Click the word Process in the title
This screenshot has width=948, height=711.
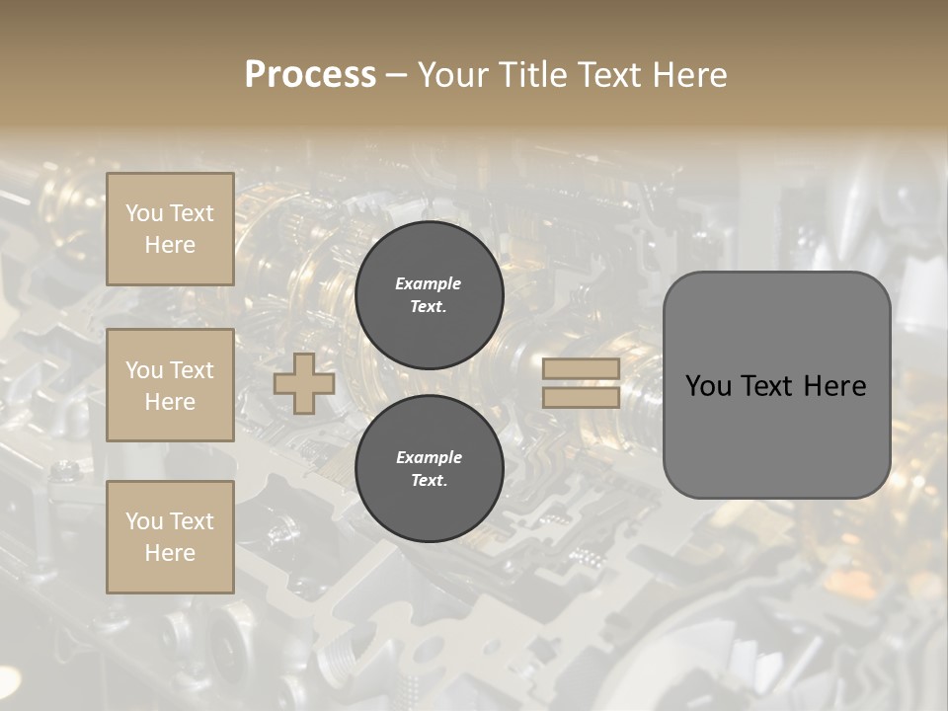(310, 75)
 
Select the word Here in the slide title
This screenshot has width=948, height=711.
(690, 75)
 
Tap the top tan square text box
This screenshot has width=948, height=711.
(170, 229)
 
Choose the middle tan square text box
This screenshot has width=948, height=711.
(170, 385)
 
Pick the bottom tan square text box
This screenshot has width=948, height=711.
(170, 537)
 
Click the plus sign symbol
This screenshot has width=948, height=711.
(303, 383)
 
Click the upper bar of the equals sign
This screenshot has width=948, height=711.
(582, 368)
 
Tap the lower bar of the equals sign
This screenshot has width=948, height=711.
(582, 397)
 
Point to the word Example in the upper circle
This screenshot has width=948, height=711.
(429, 283)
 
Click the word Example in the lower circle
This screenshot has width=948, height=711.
(429, 457)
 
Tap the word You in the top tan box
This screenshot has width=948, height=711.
(144, 213)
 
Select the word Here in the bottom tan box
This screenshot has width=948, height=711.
(170, 553)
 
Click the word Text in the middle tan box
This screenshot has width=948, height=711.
(192, 370)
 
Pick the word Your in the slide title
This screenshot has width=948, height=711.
(452, 75)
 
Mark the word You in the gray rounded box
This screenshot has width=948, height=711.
(708, 386)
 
